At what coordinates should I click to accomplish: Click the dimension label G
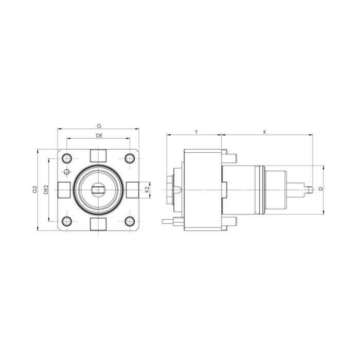tap(99, 126)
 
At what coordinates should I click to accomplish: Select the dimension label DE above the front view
tap(99, 136)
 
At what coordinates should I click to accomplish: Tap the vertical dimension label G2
tap(34, 189)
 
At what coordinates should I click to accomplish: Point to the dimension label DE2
tap(46, 189)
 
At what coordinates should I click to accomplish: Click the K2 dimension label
tap(147, 189)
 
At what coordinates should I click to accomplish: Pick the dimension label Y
tap(196, 132)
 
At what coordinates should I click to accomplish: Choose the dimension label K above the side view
tap(265, 132)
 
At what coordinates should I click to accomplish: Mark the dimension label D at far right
tap(321, 189)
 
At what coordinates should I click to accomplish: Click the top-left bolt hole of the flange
tap(67, 158)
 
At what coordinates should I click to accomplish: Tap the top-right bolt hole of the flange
tap(130, 158)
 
